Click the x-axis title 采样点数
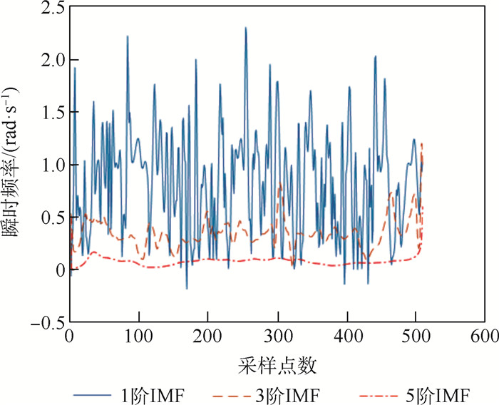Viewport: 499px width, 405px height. tap(277, 365)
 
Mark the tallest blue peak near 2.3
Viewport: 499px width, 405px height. tap(245, 29)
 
